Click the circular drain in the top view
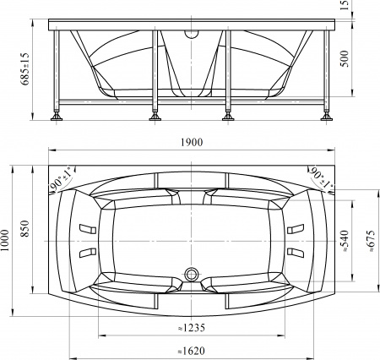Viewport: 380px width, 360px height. coord(192,275)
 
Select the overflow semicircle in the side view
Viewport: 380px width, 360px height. coord(192,35)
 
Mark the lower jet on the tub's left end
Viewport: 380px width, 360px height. coord(86,253)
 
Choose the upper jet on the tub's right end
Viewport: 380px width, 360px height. coord(296,229)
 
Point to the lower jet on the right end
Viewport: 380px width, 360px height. coord(296,253)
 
